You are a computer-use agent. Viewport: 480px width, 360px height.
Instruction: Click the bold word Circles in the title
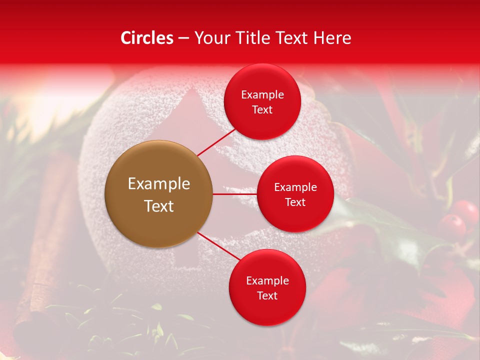(x=147, y=38)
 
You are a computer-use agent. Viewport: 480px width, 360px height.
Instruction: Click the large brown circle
(x=159, y=194)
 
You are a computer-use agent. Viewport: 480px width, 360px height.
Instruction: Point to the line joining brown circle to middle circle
(x=234, y=194)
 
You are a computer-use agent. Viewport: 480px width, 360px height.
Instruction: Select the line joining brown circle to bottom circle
(x=218, y=245)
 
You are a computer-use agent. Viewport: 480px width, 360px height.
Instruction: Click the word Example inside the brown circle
(x=159, y=184)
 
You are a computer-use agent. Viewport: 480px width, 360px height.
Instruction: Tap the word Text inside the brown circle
(x=159, y=206)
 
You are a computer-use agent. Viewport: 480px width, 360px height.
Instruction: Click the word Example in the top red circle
(x=262, y=95)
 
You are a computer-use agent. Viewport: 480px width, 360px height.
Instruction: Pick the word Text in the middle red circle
(x=295, y=202)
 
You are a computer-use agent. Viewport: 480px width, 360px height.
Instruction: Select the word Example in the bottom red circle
(x=267, y=281)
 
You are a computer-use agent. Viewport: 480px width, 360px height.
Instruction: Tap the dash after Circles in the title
(x=183, y=38)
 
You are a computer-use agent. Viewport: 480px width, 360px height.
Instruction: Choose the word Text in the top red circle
(x=262, y=110)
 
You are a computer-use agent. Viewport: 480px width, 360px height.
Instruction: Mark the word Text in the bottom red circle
(x=267, y=296)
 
